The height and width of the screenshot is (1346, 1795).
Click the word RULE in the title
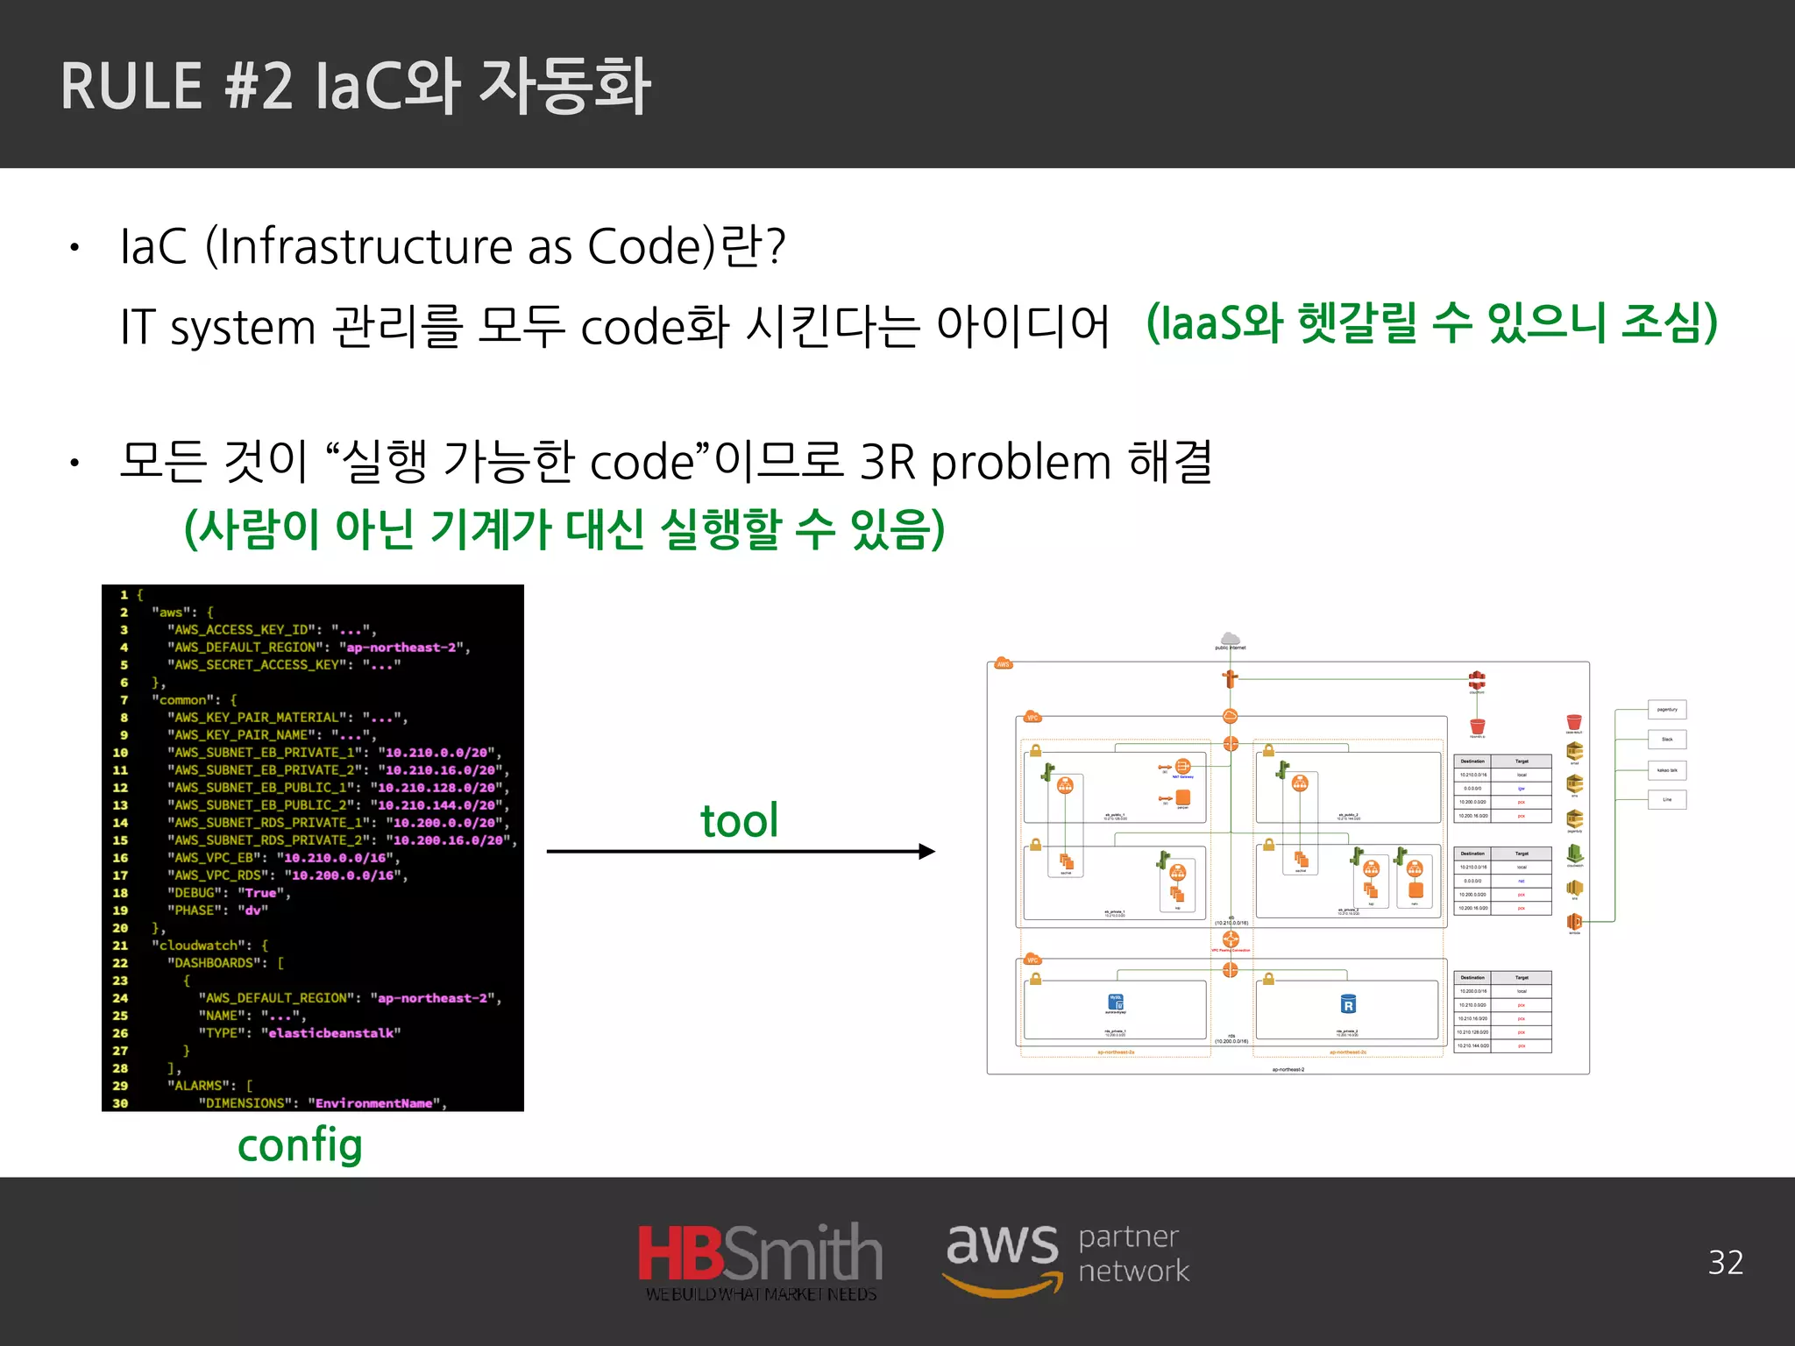tap(131, 87)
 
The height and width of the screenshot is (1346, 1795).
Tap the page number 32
tap(1725, 1263)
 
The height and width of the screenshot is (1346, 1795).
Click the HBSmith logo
tap(760, 1261)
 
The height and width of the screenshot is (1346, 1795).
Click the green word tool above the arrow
tap(739, 821)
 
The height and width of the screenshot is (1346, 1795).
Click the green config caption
tap(300, 1145)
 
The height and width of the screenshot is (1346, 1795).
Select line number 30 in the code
tap(120, 1103)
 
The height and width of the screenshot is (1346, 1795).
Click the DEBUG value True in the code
tap(260, 893)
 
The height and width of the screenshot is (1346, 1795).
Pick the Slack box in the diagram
tap(1667, 740)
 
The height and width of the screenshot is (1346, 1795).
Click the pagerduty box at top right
tap(1667, 710)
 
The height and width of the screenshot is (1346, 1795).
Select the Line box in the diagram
tap(1667, 799)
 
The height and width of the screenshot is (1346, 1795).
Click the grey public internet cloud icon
tap(1231, 638)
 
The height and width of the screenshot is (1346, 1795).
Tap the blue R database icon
tap(1348, 1004)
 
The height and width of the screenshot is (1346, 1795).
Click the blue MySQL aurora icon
tap(1116, 1002)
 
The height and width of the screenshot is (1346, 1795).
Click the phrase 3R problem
tap(986, 462)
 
